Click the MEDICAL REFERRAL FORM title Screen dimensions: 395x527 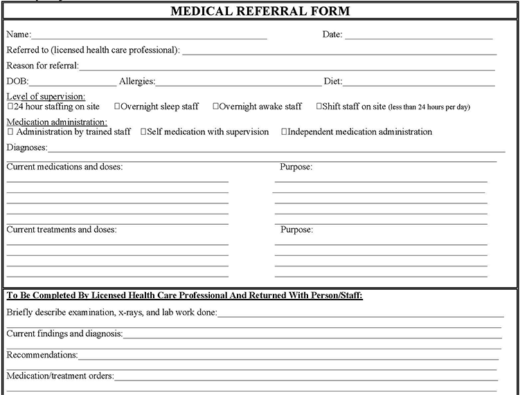click(x=260, y=11)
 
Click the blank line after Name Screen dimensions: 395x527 click(x=149, y=36)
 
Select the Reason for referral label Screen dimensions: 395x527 click(x=42, y=66)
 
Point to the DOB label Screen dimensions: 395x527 click(x=17, y=82)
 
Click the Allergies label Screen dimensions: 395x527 click(x=136, y=82)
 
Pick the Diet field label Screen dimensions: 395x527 click(x=332, y=82)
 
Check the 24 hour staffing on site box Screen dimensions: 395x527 click(x=10, y=107)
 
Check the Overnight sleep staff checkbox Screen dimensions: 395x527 click(x=117, y=107)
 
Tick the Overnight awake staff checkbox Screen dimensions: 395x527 click(x=216, y=107)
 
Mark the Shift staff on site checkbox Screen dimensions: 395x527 click(x=319, y=107)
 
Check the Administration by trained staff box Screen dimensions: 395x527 click(x=10, y=131)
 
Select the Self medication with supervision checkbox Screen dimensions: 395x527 click(x=143, y=131)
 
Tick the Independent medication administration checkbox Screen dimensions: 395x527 click(x=284, y=131)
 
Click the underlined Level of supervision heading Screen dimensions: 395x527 click(x=46, y=96)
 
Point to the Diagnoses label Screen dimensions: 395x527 click(x=27, y=147)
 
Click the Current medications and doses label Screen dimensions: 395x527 click(x=64, y=167)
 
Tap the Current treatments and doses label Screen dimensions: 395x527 click(x=62, y=230)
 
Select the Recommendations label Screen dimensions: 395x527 click(x=42, y=355)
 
